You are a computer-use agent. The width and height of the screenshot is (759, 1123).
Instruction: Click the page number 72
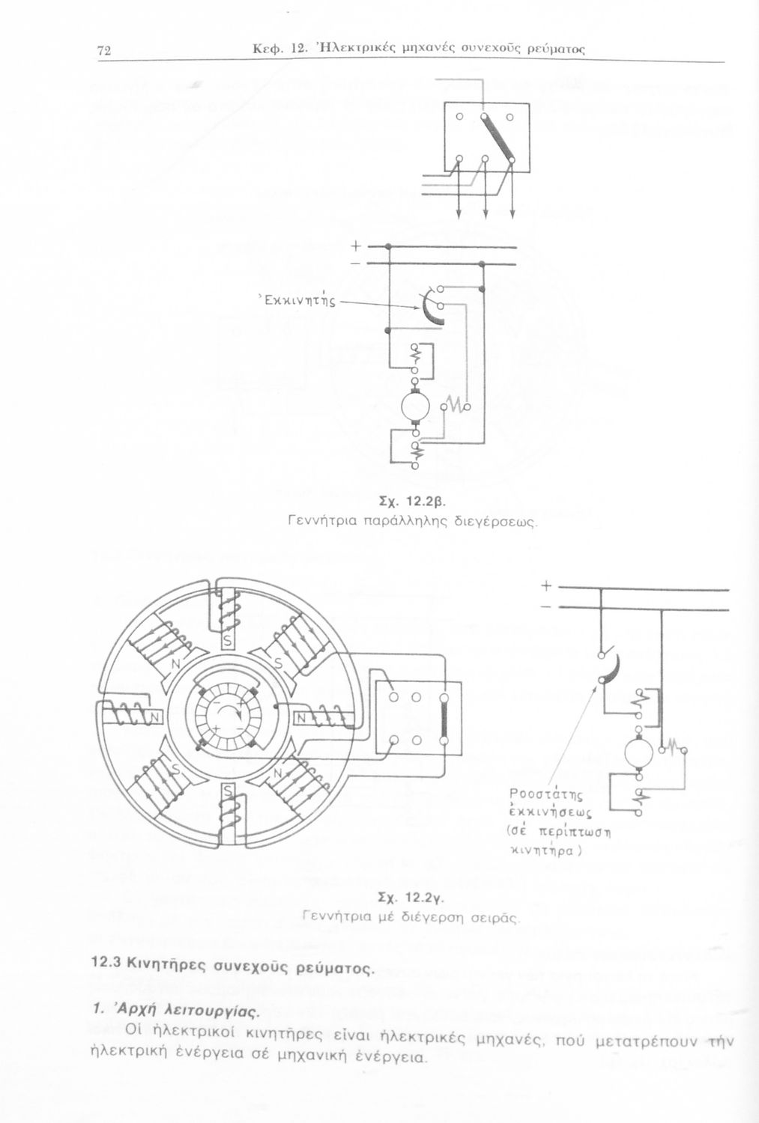(104, 51)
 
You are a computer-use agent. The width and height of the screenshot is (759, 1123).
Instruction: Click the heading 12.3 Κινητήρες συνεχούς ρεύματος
(233, 964)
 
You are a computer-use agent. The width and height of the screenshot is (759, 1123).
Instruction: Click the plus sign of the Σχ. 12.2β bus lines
(356, 246)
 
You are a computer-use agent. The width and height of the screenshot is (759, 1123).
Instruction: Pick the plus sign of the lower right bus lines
(546, 585)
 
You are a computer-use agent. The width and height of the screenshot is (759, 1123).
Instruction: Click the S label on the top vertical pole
(227, 641)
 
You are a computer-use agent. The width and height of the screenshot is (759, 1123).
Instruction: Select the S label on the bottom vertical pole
(227, 791)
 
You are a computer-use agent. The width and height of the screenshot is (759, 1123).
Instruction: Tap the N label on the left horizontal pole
(154, 718)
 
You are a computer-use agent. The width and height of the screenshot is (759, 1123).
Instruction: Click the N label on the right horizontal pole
(301, 719)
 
